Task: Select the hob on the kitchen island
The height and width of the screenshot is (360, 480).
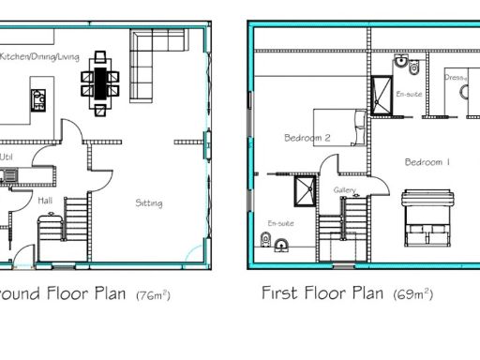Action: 39,98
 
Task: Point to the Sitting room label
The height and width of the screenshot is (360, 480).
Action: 148,202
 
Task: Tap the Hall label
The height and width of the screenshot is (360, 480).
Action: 44,200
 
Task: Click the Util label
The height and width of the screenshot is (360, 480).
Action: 7,157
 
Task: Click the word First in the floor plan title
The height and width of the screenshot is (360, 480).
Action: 280,293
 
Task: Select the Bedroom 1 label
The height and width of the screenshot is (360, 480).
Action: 427,162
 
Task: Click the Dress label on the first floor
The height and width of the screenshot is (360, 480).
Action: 455,78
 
